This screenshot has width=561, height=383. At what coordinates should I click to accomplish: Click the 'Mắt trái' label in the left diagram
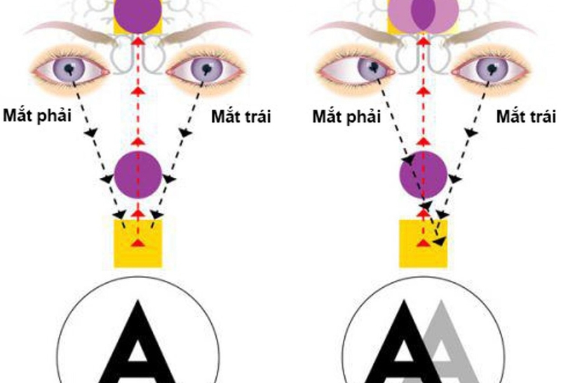tap(241, 117)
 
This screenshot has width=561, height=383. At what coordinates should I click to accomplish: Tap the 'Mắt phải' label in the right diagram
tap(346, 117)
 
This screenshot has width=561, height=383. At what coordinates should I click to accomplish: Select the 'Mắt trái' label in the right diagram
tap(526, 116)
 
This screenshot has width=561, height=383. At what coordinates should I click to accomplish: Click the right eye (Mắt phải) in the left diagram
tap(71, 68)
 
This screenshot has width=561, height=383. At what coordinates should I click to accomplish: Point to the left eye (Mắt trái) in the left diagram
tap(205, 69)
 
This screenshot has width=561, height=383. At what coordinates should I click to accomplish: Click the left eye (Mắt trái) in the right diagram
tap(489, 69)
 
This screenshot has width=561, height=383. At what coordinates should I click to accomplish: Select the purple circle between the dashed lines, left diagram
tap(138, 172)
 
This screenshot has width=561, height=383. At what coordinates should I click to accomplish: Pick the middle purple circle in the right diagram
tap(423, 175)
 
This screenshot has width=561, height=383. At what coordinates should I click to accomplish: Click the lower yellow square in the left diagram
tap(138, 242)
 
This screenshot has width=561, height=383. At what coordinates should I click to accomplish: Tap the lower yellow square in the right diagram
tap(423, 243)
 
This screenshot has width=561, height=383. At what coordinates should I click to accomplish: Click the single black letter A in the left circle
tap(137, 343)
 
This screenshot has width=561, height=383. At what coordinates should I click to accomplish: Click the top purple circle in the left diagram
tap(138, 13)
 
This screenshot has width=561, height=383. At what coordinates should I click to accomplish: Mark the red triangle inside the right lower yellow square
tap(423, 243)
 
